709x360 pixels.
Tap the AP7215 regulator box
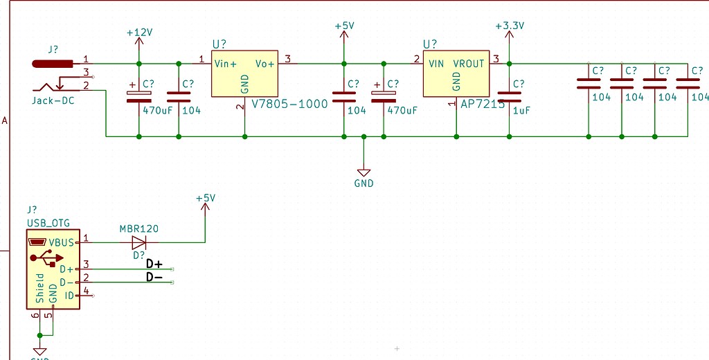point(456,73)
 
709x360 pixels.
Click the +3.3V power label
point(510,26)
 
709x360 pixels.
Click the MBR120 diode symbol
point(139,242)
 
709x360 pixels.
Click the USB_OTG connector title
point(48,223)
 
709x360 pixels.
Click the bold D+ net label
point(154,264)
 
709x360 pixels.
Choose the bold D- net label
point(154,278)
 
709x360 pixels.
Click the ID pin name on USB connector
point(69,296)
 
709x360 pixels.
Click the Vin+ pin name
point(226,64)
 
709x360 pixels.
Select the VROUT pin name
point(469,64)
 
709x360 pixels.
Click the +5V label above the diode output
point(206,198)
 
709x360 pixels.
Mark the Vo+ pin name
point(265,64)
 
